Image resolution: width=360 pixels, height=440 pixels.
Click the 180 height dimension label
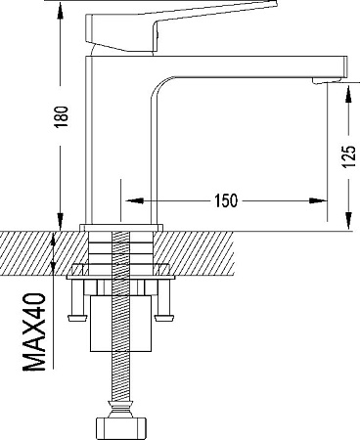tap(61, 116)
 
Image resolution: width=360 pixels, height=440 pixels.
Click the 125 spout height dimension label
tap(348, 156)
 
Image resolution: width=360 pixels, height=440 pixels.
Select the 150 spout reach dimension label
tap(226, 200)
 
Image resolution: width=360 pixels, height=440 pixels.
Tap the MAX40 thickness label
tap(34, 331)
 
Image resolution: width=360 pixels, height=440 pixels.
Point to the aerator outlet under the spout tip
tap(327, 80)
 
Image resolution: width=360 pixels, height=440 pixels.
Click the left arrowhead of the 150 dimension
tap(134, 200)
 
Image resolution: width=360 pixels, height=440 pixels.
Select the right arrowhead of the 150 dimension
tap(318, 200)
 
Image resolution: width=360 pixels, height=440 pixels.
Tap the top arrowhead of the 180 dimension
tap(60, 11)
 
